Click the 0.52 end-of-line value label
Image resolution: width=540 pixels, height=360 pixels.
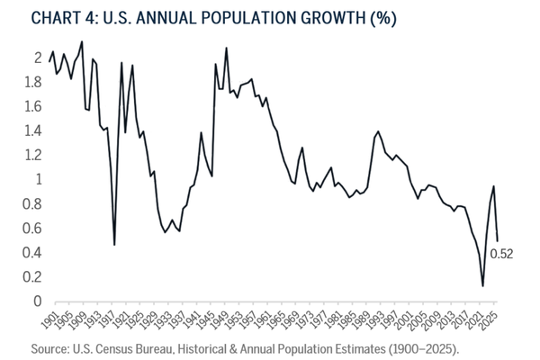click(500, 255)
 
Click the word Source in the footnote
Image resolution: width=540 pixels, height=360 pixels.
click(55, 346)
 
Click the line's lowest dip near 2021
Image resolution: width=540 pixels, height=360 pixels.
click(482, 286)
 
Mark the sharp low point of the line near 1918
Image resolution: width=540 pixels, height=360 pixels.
click(114, 244)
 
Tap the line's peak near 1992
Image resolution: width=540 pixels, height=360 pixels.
click(378, 131)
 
